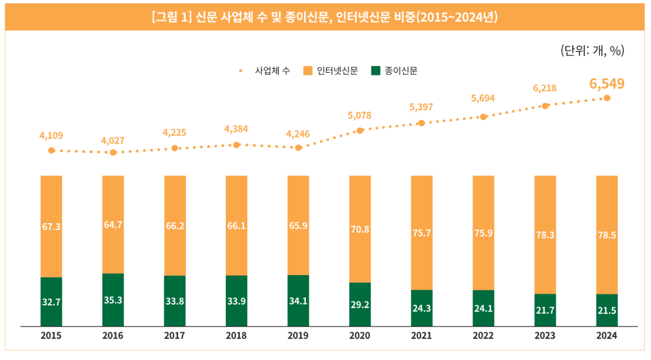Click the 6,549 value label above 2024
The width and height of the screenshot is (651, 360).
607,84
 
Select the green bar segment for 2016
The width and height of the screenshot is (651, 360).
113,300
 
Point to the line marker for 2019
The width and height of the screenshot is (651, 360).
299,147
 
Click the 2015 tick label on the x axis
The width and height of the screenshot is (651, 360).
51,335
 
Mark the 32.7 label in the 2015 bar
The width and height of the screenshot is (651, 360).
51,303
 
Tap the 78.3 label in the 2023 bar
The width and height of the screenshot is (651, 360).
545,235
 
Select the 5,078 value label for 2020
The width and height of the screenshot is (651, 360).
360,115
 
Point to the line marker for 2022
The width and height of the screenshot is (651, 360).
483,117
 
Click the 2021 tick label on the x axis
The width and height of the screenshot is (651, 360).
421,335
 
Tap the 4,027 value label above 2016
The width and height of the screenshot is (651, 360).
113,140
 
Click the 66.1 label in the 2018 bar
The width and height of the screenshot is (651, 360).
237,227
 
